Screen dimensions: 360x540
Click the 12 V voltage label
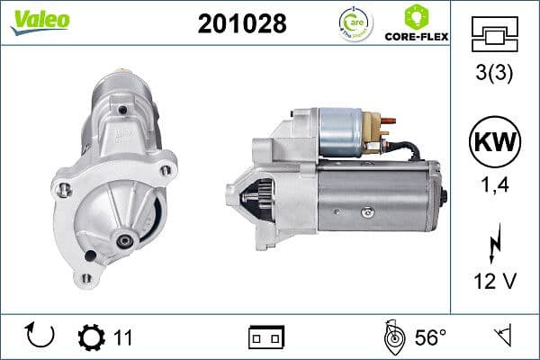(496, 282)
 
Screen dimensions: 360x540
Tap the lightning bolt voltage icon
(496, 244)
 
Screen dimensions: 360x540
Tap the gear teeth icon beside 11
(91, 337)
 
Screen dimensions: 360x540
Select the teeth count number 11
(123, 337)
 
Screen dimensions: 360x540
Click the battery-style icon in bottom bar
(265, 337)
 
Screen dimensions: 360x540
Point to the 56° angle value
(429, 337)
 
